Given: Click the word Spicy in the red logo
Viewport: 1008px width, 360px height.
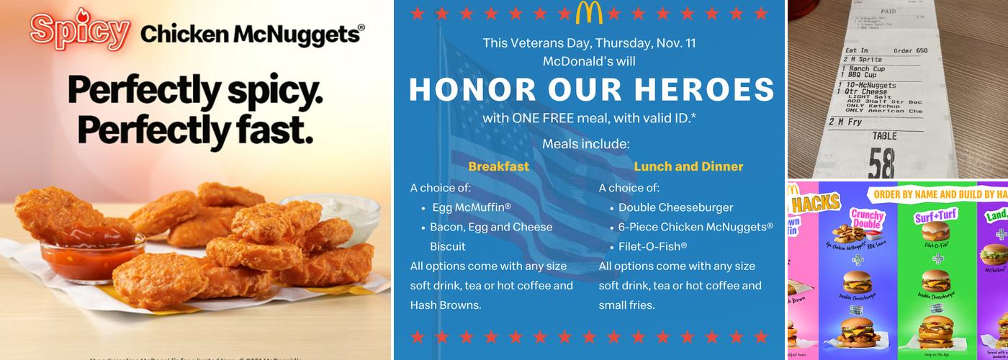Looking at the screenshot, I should click(x=79, y=31).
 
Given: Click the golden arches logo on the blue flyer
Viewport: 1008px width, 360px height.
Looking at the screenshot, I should click(x=589, y=12).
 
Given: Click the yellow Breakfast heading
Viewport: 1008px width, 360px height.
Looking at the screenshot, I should click(x=498, y=166).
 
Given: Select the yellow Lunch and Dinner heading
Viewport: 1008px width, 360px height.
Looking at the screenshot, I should click(x=688, y=166).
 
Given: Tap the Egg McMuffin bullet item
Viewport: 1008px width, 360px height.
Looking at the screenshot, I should click(x=472, y=207).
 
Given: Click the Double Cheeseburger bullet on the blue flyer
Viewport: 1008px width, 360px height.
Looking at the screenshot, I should click(x=675, y=207).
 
